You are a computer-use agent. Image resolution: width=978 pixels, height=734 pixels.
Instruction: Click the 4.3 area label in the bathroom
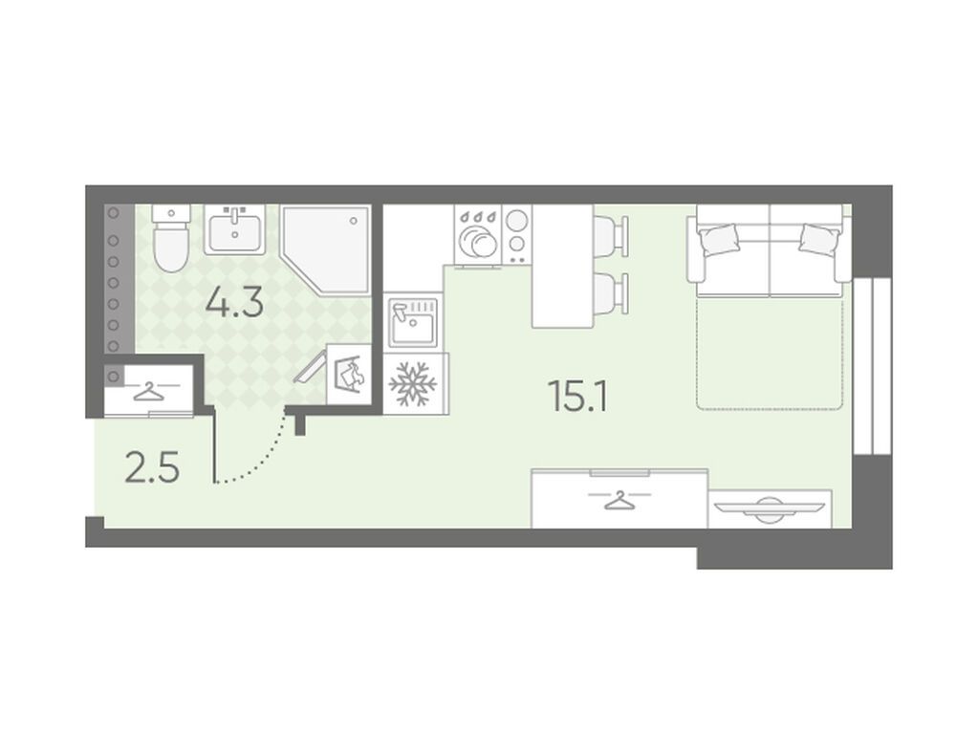click(234, 305)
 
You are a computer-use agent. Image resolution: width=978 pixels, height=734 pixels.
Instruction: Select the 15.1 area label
click(576, 396)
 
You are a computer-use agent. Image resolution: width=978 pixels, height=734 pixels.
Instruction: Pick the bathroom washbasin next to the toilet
click(234, 228)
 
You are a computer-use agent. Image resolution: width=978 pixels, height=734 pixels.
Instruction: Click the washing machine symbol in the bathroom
click(349, 375)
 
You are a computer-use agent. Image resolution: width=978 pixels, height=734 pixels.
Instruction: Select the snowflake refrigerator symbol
click(412, 383)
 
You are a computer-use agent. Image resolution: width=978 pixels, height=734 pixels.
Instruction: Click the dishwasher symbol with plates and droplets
click(479, 235)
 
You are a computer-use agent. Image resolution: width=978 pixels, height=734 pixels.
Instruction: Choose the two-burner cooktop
click(516, 234)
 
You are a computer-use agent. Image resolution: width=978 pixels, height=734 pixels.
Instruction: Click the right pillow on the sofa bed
click(819, 239)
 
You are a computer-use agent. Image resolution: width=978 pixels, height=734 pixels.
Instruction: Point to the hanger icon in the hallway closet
click(148, 392)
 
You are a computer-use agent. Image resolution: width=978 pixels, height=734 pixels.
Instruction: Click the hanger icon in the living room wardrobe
click(619, 500)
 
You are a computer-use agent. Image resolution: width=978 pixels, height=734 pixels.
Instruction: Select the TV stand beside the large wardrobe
click(771, 508)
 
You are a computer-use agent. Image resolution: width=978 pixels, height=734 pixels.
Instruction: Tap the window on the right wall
click(872, 365)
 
